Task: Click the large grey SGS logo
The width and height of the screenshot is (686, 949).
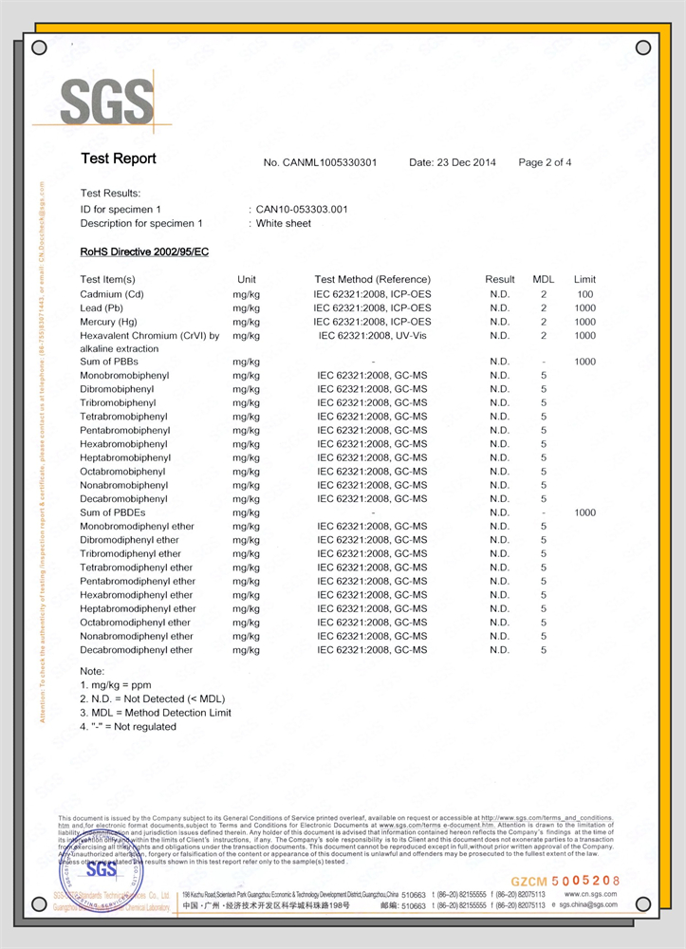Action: pos(106,102)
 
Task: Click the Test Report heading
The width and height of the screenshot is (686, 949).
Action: pos(119,158)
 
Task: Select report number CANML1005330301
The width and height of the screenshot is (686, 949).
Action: pos(320,162)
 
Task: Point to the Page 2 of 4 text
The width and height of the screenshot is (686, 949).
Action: pos(545,162)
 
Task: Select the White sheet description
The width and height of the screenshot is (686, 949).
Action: pos(284,224)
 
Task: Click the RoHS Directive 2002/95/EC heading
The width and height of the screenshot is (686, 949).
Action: pos(144,251)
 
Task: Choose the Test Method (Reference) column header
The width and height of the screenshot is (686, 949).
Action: pos(372,279)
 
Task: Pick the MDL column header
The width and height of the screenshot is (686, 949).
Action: pos(544,279)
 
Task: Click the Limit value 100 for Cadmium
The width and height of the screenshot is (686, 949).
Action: pos(584,294)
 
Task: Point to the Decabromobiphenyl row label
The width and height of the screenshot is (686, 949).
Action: pos(123,498)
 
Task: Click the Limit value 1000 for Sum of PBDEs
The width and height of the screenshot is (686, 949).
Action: pos(584,512)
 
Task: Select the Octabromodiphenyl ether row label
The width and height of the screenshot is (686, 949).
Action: pos(137,623)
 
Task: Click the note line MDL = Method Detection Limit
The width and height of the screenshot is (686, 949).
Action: pos(156,713)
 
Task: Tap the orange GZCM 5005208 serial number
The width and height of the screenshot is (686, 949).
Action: pos(565,882)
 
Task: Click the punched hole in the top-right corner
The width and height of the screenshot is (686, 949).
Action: pos(643,47)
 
